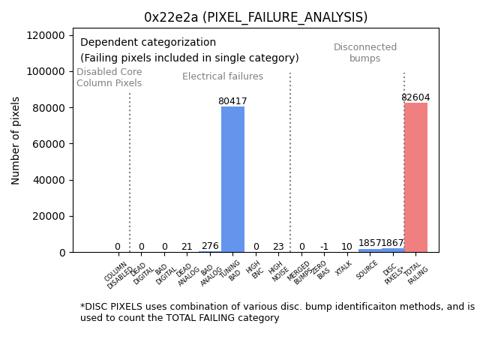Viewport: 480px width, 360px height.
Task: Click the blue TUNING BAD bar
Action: click(x=232, y=179)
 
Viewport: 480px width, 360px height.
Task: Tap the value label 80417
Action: click(x=232, y=101)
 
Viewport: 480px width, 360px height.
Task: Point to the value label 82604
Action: click(x=415, y=97)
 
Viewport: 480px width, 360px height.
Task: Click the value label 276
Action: click(x=210, y=246)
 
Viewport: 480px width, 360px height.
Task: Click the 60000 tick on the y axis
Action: click(x=49, y=144)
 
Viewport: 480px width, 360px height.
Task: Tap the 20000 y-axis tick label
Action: click(x=49, y=216)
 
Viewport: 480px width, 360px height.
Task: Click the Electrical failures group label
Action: click(x=223, y=76)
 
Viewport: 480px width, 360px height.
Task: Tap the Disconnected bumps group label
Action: click(x=365, y=52)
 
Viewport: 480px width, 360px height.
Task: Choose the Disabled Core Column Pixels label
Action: click(x=109, y=77)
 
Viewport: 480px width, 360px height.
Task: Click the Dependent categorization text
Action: click(x=148, y=43)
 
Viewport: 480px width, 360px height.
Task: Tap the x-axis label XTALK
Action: click(x=344, y=268)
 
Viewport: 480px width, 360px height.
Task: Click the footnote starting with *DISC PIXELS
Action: click(x=277, y=312)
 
